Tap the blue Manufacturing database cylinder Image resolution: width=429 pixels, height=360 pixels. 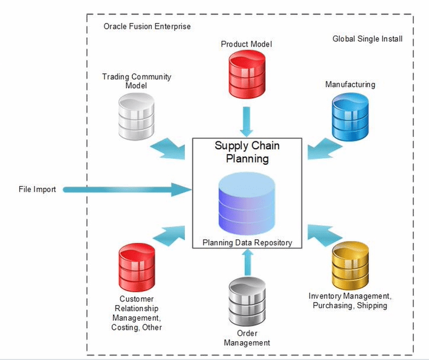click(349, 115)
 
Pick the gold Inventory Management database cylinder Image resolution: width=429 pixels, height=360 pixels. click(349, 265)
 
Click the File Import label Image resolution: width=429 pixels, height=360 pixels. click(37, 190)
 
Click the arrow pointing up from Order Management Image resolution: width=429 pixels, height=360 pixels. click(246, 262)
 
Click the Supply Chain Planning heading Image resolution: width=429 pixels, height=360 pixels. click(247, 152)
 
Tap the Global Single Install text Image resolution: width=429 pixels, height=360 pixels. click(367, 39)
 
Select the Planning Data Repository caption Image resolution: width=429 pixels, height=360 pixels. click(247, 243)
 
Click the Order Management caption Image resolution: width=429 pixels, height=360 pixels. click(247, 338)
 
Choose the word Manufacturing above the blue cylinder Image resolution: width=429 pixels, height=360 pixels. click(350, 85)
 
